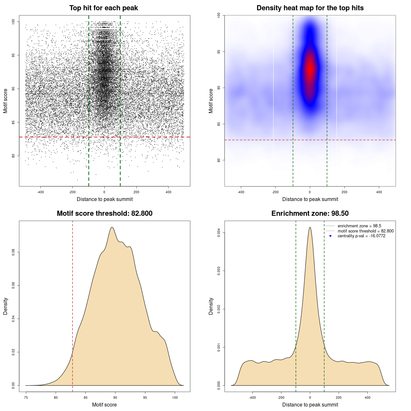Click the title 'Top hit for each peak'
(104, 8)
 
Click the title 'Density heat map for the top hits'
(310, 8)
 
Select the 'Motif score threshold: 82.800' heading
(104, 214)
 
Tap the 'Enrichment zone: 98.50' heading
(310, 214)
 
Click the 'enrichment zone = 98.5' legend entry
(359, 226)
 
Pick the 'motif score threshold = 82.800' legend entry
(365, 231)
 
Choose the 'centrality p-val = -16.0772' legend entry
(361, 236)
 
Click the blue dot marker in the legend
(330, 236)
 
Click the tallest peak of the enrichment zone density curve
(310, 227)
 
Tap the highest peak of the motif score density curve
(112, 227)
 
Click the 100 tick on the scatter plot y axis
(13, 22)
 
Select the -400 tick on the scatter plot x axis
(40, 192)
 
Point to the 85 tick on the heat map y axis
(219, 124)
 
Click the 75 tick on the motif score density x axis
(26, 398)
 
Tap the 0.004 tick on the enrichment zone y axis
(219, 232)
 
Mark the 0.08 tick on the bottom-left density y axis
(13, 252)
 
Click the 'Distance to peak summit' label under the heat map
(310, 199)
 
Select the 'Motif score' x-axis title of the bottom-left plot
(104, 405)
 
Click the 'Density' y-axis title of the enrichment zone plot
(211, 306)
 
